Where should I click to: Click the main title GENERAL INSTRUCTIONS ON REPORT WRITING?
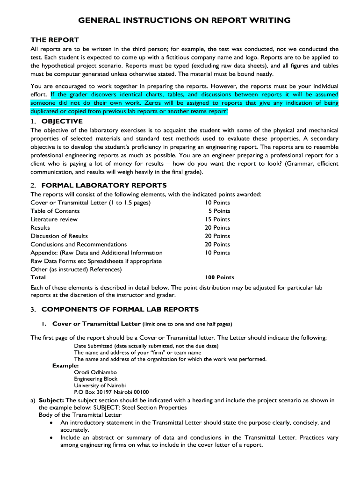click(184, 21)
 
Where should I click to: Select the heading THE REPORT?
click(55, 40)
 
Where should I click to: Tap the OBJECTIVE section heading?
click(62, 121)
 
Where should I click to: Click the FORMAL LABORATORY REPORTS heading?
click(104, 185)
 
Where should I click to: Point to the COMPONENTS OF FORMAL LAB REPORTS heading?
click(120, 309)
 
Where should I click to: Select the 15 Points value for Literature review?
click(217, 219)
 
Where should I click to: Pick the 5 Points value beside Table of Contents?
click(219, 211)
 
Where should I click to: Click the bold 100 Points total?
click(219, 277)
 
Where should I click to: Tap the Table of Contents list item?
click(55, 211)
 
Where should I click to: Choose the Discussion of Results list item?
click(59, 236)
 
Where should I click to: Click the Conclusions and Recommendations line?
click(79, 244)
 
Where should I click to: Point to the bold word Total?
click(38, 277)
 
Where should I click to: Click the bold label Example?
click(65, 366)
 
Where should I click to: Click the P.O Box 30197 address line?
click(111, 392)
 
